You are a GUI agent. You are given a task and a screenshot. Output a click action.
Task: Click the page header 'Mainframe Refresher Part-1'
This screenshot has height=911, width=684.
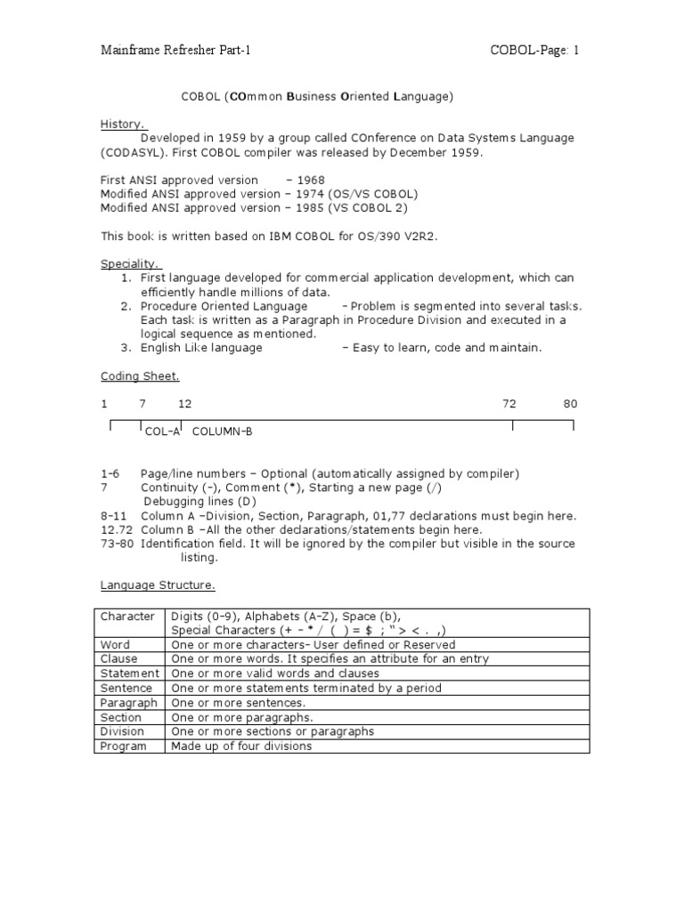(176, 50)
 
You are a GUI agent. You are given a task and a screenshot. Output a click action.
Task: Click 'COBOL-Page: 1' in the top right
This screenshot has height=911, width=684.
(534, 50)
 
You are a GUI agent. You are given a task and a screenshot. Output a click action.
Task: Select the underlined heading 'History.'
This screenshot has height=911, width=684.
(123, 125)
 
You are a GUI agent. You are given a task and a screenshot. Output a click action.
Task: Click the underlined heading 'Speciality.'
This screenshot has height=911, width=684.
(130, 264)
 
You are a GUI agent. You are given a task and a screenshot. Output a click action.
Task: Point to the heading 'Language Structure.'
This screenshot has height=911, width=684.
(157, 585)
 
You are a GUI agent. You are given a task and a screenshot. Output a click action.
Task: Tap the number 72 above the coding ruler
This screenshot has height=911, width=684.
(509, 404)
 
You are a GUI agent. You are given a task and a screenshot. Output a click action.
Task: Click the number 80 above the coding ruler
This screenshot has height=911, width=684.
(570, 404)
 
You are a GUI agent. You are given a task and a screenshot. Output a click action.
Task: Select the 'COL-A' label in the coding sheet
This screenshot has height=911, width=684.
(162, 431)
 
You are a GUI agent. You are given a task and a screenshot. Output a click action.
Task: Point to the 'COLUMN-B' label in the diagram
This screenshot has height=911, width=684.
(223, 431)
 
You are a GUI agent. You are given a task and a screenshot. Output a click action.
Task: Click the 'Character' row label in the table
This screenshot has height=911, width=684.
(127, 617)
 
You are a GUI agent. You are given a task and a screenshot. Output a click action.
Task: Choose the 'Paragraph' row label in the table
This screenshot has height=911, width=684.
(129, 703)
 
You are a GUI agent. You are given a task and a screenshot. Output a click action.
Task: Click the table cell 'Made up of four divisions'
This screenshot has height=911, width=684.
(241, 746)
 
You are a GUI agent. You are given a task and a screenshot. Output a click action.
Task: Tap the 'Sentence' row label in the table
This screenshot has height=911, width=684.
(126, 689)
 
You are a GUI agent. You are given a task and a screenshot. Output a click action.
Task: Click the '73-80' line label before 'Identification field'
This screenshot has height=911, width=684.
(117, 544)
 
